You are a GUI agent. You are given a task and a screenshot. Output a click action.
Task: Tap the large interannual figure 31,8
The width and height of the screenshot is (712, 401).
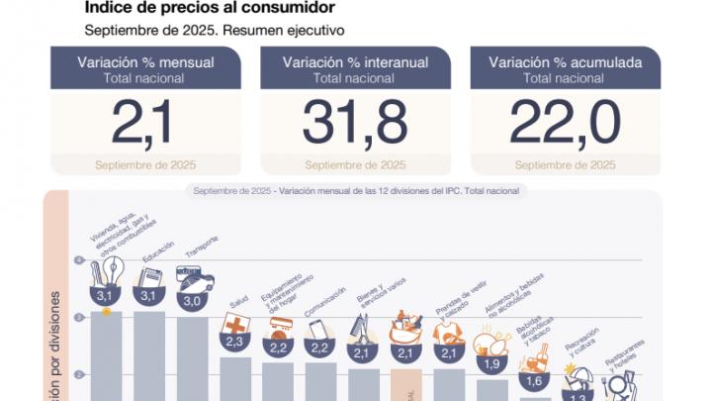[x=354, y=123]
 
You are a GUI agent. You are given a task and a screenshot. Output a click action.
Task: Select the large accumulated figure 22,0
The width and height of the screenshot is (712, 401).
[x=565, y=123]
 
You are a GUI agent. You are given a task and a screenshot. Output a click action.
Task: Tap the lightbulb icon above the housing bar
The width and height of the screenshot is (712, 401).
[x=107, y=271]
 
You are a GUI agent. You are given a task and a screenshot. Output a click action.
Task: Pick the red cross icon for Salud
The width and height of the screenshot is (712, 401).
[x=235, y=324]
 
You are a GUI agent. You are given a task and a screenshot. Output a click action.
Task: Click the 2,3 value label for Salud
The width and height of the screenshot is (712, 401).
[x=235, y=342]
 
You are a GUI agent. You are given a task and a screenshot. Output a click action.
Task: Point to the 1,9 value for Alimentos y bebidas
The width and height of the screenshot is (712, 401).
[x=491, y=363]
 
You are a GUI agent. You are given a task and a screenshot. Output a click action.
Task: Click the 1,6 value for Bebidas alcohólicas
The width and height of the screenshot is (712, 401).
[x=535, y=381]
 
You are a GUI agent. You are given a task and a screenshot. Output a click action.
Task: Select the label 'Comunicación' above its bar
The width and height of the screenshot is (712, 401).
[x=324, y=301]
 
